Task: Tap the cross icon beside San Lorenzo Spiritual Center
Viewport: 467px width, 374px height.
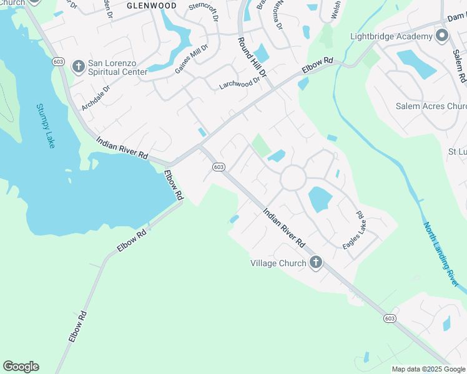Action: (79, 65)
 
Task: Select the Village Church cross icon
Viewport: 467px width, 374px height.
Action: (315, 262)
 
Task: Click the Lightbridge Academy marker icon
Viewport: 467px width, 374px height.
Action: (442, 36)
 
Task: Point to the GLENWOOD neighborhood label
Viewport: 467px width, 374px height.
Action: (151, 6)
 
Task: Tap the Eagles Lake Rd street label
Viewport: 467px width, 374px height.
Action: (353, 231)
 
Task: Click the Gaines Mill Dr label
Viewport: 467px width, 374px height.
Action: (190, 59)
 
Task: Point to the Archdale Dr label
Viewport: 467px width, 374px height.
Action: (96, 97)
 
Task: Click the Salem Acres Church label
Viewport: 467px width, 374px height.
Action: (431, 106)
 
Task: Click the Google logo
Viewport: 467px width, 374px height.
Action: (21, 367)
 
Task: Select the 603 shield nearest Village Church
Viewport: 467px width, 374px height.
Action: (389, 319)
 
